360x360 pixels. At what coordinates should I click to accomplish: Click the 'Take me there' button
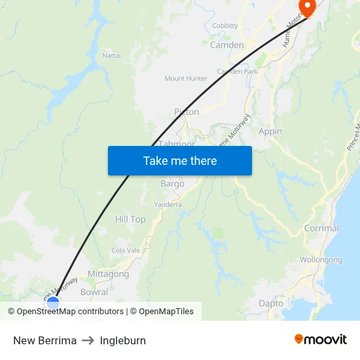(x=179, y=160)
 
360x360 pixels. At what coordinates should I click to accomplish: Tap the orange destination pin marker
(x=306, y=7)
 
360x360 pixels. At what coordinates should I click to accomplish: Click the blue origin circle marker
(x=53, y=302)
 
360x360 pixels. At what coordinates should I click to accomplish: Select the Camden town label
(x=226, y=45)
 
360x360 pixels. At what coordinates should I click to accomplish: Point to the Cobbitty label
(x=225, y=26)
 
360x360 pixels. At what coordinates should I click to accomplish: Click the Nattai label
(x=111, y=56)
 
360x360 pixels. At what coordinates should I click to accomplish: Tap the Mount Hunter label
(x=186, y=79)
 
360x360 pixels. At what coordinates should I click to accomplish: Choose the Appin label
(x=270, y=131)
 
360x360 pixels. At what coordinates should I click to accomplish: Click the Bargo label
(x=172, y=184)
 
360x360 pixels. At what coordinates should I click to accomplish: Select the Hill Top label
(x=130, y=219)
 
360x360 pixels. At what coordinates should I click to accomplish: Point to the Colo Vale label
(x=126, y=250)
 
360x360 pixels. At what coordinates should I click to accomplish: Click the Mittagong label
(x=108, y=274)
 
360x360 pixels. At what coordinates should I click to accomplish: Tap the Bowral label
(x=94, y=293)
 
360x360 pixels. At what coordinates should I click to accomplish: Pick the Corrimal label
(x=321, y=228)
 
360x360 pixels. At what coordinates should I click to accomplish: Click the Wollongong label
(x=321, y=260)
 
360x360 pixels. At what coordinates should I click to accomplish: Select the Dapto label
(x=271, y=303)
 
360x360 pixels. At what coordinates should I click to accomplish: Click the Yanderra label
(x=168, y=205)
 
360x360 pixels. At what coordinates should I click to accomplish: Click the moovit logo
(x=321, y=340)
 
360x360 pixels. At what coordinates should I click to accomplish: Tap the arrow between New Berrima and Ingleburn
(x=88, y=340)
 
